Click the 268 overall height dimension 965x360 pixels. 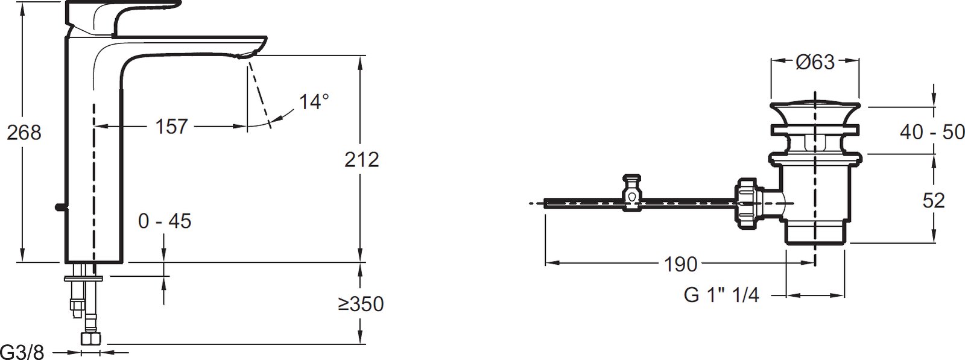(24, 133)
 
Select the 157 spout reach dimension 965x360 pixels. (171, 127)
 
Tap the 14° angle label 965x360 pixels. (314, 102)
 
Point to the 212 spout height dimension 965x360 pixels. (362, 160)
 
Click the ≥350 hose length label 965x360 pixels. (361, 304)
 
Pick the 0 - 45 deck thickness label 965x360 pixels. (165, 221)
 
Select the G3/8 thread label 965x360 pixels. (22, 352)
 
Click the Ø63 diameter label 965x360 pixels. (815, 63)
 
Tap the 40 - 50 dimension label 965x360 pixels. (932, 132)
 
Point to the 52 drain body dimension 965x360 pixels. (934, 201)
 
